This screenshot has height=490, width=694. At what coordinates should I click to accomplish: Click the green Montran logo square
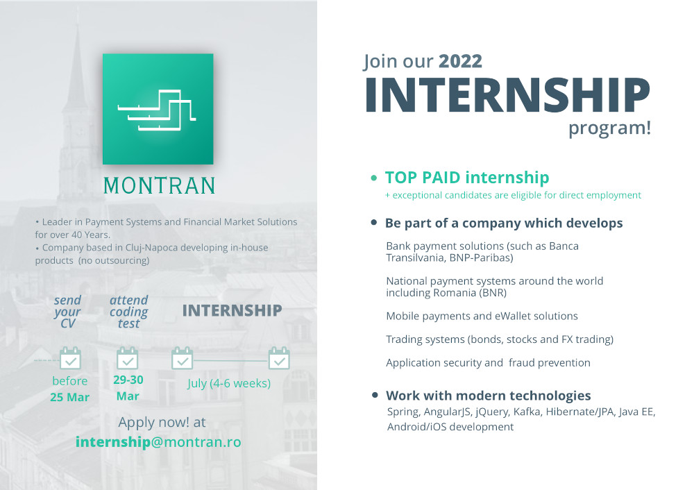158,109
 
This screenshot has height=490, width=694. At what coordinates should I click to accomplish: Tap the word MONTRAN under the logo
160,186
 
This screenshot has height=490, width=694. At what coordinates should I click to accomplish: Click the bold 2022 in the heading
460,61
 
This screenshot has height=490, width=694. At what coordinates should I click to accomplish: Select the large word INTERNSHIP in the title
507,95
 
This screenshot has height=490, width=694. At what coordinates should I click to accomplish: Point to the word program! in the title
609,128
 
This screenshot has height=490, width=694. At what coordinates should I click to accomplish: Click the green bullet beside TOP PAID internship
374,178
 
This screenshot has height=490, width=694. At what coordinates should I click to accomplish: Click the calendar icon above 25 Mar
70,358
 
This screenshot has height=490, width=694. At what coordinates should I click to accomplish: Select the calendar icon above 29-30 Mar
128,358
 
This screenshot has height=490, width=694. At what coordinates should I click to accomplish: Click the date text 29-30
128,380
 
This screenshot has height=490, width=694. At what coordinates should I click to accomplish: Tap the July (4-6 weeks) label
229,383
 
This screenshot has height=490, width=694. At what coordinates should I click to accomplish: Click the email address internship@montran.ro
158,441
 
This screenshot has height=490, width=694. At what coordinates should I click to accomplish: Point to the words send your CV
68,312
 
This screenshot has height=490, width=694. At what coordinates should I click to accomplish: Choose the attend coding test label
129,312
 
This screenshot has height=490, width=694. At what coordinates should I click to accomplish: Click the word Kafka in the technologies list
527,412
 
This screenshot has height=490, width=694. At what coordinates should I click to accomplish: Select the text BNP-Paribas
481,257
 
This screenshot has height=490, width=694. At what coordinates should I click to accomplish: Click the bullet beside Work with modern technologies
375,395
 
